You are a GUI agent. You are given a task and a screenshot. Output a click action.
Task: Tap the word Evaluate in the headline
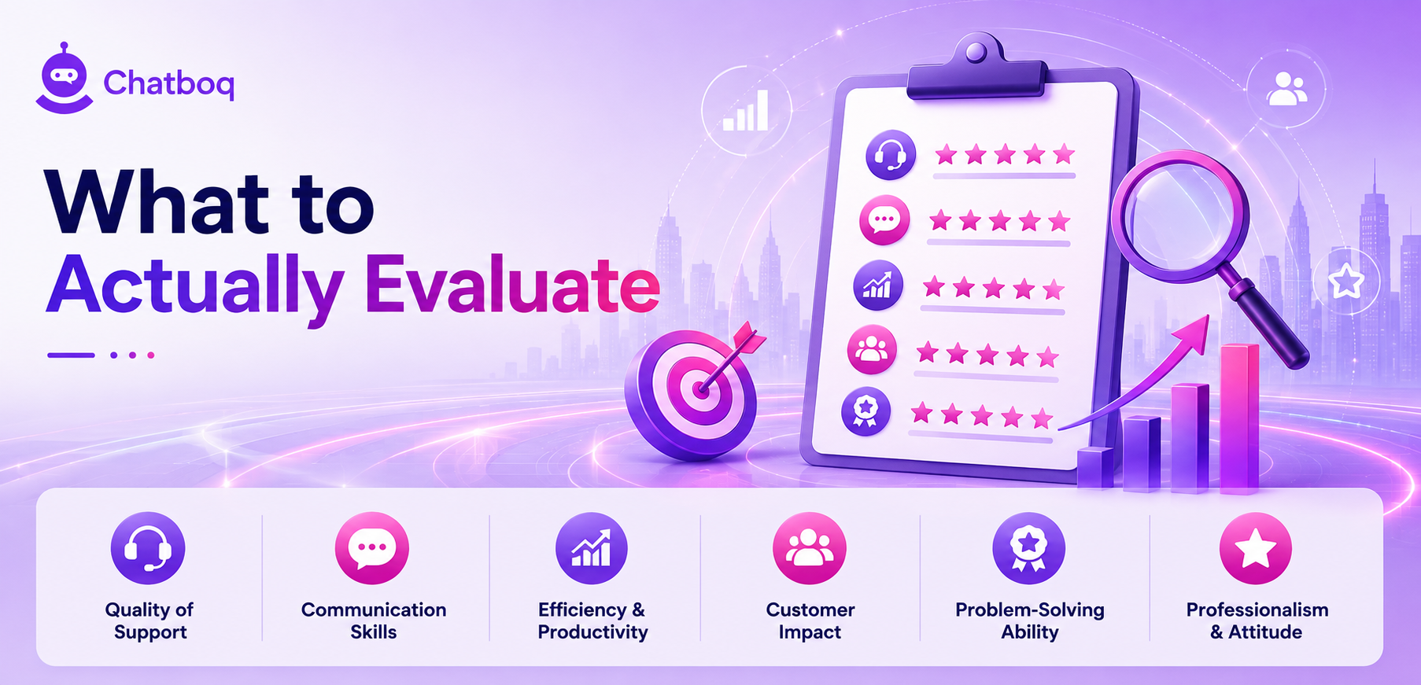tap(511, 285)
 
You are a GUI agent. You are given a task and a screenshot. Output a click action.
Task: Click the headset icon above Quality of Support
tap(148, 548)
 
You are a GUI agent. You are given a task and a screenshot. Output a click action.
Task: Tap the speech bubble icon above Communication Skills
tap(371, 548)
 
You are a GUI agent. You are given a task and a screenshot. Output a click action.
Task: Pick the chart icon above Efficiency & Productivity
tap(592, 548)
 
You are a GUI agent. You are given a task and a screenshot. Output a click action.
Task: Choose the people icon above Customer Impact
tap(809, 548)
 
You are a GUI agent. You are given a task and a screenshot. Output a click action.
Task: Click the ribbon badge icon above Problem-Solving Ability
tap(1028, 548)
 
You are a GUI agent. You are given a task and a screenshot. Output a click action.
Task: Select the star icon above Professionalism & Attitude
tap(1255, 548)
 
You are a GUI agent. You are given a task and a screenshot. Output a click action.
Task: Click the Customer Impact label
tap(810, 621)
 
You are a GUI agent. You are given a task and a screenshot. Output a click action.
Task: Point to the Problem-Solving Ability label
tap(1029, 621)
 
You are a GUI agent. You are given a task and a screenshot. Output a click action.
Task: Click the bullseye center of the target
tap(699, 389)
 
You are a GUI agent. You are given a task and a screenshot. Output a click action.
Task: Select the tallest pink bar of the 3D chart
tap(1239, 419)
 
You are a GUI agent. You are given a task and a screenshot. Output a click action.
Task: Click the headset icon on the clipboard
tap(891, 154)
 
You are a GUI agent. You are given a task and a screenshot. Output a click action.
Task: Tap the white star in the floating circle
tap(1345, 281)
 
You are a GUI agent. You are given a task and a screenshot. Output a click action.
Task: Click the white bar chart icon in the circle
tap(746, 111)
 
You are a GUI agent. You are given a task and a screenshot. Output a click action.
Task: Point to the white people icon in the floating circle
tap(1286, 88)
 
